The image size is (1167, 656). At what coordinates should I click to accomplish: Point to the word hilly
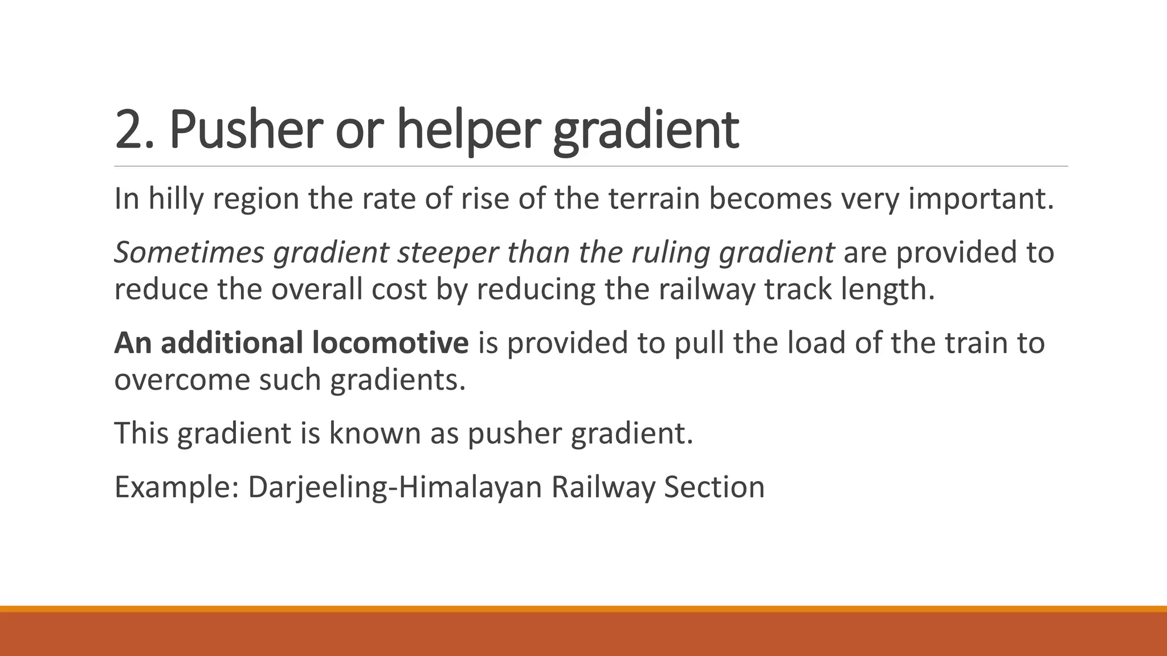[x=176, y=199]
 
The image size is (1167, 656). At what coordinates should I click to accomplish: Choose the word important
[x=980, y=199]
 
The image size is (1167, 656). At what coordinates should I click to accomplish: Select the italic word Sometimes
[x=189, y=252]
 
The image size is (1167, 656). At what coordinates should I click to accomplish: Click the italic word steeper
[x=447, y=252]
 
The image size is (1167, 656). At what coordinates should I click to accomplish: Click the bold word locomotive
[x=390, y=343]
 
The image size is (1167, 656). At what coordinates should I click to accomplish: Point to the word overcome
[x=182, y=380]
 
